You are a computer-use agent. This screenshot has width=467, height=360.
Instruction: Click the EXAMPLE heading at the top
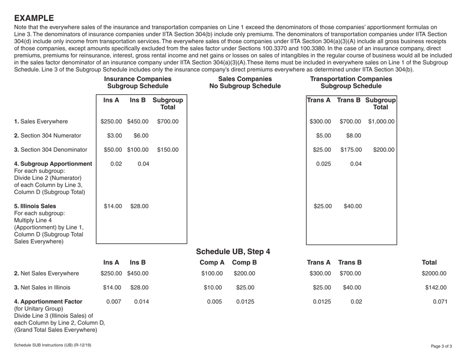pos(34,18)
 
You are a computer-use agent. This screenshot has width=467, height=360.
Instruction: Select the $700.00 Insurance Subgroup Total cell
pos(168,121)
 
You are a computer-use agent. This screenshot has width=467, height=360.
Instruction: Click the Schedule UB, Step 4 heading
pos(233,252)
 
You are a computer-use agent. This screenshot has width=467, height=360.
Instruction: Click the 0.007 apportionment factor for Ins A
pos(113,302)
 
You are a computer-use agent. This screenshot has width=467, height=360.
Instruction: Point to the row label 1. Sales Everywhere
pos(41,121)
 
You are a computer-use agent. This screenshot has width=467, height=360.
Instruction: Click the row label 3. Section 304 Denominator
pos(50,150)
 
